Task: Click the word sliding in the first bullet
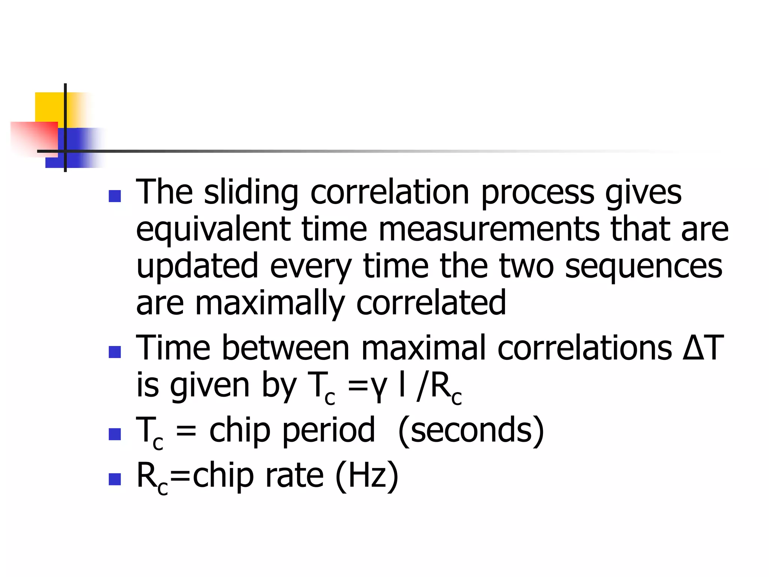[251, 192]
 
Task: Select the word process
[538, 192]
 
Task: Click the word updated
[197, 266]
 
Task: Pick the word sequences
[643, 266]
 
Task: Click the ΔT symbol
[703, 347]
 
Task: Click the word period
[328, 430]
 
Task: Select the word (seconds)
[471, 430]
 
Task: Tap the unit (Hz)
[366, 475]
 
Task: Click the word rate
[294, 475]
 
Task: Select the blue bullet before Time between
[115, 352]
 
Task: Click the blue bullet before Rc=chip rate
[115, 479]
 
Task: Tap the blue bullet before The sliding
[115, 196]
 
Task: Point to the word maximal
[424, 347]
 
